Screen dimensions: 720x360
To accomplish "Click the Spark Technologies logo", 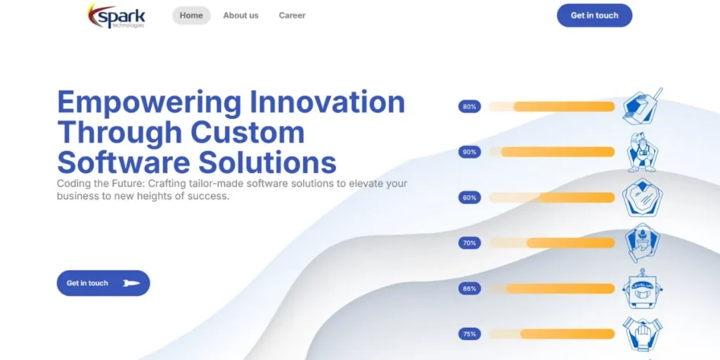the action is tap(117, 15).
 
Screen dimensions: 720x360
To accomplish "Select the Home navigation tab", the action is tap(191, 15).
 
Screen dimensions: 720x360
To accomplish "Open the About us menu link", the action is tap(240, 15).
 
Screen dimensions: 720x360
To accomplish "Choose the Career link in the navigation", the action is tap(292, 15).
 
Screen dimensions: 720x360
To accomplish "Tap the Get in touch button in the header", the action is tap(594, 15).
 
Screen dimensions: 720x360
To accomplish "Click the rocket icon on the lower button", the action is tap(131, 283).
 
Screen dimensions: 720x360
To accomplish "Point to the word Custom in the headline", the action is tap(247, 132).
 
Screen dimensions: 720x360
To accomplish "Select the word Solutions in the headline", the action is tap(267, 162).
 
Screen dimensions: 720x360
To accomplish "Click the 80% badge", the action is tap(469, 107).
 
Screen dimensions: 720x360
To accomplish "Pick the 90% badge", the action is tap(469, 152).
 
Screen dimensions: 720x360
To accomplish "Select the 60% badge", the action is tap(469, 198).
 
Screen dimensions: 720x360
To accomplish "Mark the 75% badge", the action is tap(469, 334).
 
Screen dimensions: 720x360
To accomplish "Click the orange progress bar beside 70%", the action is tap(570, 243).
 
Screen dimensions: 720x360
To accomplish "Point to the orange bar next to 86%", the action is tap(560, 288).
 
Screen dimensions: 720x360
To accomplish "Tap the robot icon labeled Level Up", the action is tap(643, 289).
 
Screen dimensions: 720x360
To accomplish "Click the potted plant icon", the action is tap(643, 243).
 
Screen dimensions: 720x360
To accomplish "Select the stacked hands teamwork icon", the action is tap(643, 334).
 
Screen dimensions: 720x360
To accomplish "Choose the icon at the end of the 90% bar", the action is tap(643, 153).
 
